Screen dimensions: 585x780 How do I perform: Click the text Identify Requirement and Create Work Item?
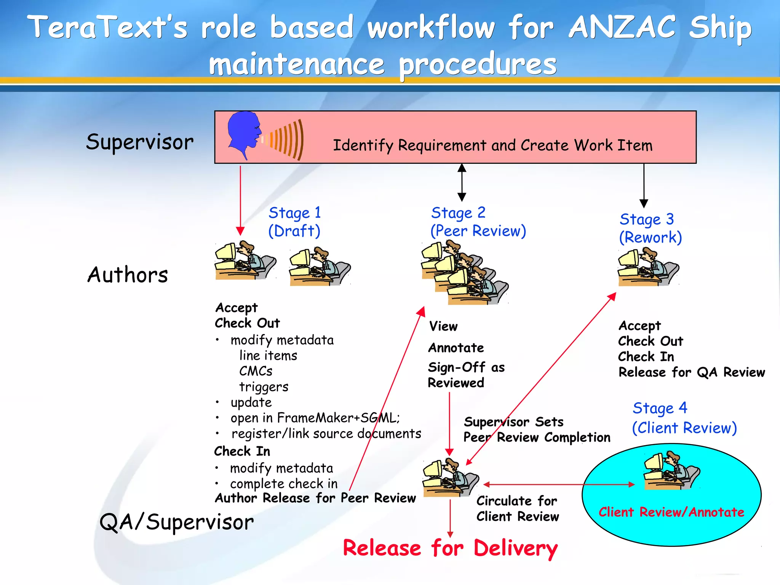[x=492, y=145]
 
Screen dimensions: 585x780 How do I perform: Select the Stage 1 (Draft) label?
[x=294, y=222]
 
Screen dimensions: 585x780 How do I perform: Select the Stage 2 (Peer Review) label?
[x=478, y=222]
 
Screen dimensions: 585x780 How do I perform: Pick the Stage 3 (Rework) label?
[x=650, y=228]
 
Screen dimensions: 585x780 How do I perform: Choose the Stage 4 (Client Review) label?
[x=684, y=418]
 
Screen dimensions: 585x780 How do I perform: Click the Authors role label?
[x=128, y=275]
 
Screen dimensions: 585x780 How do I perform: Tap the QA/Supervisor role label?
[x=176, y=522]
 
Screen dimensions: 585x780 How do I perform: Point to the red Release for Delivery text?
[x=450, y=548]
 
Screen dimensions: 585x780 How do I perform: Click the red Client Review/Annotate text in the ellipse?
[x=671, y=512]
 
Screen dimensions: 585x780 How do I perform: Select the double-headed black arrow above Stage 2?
[x=462, y=182]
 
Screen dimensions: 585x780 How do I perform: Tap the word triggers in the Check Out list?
[x=264, y=387]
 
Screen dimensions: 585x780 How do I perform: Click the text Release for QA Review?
[x=691, y=372]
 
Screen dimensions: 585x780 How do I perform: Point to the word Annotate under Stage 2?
[x=456, y=348]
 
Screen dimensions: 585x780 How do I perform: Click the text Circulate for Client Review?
[x=517, y=508]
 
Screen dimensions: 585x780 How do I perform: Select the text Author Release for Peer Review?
[x=315, y=498]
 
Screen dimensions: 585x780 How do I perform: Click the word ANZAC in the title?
[x=622, y=27]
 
